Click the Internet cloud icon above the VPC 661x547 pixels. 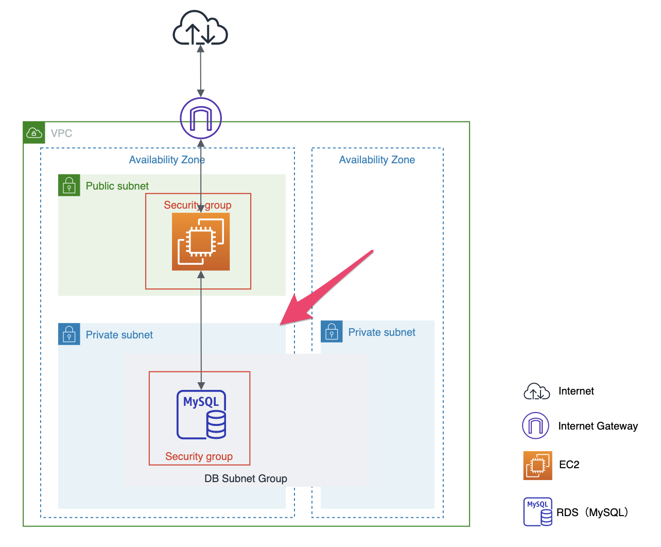pos(200,29)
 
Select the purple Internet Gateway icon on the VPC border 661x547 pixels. pos(201,118)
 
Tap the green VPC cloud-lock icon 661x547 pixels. pos(34,133)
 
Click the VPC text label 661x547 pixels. pos(61,133)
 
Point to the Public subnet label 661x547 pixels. pos(117,186)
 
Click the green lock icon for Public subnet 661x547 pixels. pos(69,185)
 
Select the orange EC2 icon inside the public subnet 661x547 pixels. pos(201,242)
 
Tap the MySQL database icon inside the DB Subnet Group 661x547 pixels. pos(202,415)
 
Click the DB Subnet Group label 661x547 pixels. pos(246,478)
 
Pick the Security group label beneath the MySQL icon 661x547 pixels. pos(199,456)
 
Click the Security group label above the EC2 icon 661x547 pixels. pos(198,205)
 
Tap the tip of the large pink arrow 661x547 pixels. pos(281,324)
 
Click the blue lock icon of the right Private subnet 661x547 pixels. pos(332,332)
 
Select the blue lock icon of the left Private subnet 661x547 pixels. pos(69,334)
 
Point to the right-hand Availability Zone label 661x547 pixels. pos(377,160)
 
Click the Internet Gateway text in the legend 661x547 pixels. pos(598,426)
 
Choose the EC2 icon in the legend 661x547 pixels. pos(537,465)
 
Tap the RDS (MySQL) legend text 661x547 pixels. pos(593,512)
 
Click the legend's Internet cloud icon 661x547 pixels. pos(536,391)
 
